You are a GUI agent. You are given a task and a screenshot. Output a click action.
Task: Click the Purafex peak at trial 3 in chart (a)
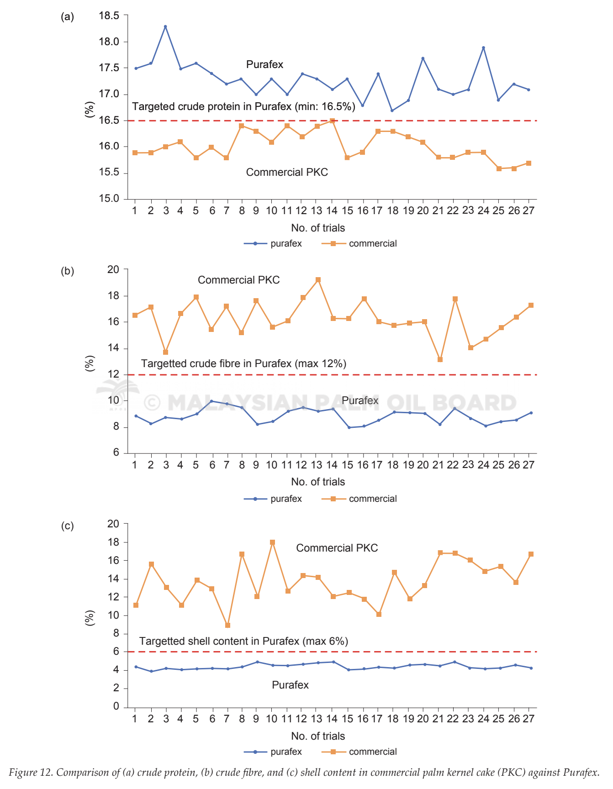click(165, 26)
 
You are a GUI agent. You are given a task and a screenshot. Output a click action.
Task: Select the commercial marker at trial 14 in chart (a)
click(332, 121)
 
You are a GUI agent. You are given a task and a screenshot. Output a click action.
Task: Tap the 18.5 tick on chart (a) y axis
click(109, 16)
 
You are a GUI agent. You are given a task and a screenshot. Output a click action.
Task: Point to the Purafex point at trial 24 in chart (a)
click(483, 47)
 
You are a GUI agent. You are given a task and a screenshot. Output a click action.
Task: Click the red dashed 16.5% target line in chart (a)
click(332, 121)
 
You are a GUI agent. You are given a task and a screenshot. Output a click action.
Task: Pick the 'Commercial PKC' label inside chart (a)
click(287, 172)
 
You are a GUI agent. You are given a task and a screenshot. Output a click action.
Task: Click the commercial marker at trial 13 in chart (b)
click(318, 279)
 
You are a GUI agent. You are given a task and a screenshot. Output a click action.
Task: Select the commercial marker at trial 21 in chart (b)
click(440, 359)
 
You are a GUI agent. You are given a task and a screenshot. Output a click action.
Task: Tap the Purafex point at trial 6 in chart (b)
click(211, 401)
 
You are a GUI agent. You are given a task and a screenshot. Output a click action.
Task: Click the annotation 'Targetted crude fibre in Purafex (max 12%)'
click(243, 363)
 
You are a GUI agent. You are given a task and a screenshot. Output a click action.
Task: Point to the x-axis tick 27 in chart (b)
click(528, 465)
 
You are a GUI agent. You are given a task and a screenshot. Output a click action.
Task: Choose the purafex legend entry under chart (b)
click(273, 499)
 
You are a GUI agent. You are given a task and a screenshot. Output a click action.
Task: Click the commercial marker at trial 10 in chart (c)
click(272, 542)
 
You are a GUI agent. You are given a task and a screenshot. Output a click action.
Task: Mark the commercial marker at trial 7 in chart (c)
click(227, 625)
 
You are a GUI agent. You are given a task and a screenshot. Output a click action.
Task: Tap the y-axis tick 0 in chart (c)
click(116, 706)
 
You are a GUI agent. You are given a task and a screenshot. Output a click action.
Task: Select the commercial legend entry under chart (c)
click(359, 752)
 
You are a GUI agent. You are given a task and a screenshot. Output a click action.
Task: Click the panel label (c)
click(67, 526)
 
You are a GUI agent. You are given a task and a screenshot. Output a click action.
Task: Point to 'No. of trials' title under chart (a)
click(318, 228)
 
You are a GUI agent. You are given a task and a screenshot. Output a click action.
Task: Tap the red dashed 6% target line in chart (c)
click(332, 652)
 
